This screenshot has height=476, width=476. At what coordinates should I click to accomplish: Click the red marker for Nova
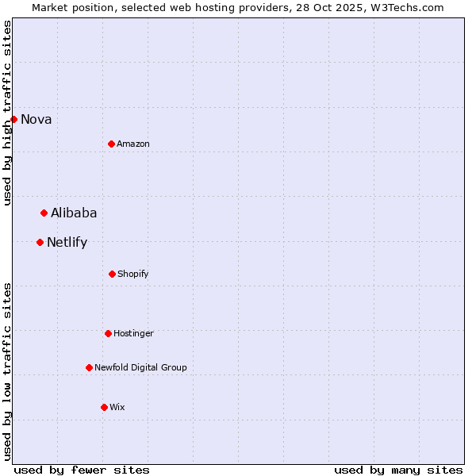13,119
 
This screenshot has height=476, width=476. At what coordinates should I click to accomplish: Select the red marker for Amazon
111,144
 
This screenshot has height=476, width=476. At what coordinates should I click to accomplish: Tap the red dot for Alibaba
44,213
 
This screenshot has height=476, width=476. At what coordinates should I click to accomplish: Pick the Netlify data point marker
40,242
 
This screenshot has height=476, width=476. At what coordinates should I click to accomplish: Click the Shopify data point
112,274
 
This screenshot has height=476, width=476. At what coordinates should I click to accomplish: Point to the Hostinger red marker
108,333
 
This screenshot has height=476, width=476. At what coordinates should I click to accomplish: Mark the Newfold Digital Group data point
89,367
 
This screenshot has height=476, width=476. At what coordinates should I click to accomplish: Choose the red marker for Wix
104,407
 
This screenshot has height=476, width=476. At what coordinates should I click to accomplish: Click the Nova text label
36,120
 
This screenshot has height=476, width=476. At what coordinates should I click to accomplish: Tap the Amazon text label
133,144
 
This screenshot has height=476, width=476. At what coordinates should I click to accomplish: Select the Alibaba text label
74,213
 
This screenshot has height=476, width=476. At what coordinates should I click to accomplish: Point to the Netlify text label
67,243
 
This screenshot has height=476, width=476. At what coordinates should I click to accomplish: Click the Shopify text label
133,274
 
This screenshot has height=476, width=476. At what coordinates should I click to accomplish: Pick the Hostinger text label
133,334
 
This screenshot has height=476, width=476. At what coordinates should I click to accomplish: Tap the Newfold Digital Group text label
140,368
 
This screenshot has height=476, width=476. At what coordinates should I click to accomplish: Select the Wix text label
117,408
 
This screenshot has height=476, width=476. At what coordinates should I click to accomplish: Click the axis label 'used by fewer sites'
82,470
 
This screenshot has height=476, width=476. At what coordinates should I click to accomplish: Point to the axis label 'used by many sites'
398,470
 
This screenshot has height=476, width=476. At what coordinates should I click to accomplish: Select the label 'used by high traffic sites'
7,113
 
